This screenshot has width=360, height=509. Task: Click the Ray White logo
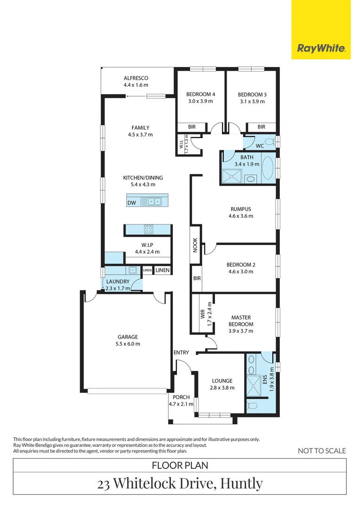tap(321, 48)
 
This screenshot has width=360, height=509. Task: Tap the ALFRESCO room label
tap(136, 78)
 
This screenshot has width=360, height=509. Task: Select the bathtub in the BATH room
tap(267, 168)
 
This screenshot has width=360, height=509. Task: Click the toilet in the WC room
tap(269, 141)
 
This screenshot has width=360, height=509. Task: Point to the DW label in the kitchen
tap(131, 203)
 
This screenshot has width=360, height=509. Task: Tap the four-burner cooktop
tap(148, 230)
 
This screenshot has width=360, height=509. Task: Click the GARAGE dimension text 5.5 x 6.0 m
tap(128, 344)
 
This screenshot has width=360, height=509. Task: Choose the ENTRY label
tap(181, 353)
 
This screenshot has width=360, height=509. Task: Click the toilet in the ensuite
tap(252, 405)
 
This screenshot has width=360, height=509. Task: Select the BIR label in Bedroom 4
tap(192, 127)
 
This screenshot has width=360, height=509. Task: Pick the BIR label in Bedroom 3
tap(261, 127)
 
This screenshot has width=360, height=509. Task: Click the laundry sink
tap(133, 271)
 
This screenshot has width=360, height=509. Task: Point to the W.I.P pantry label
tap(147, 245)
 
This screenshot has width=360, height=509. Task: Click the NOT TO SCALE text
tap(322, 451)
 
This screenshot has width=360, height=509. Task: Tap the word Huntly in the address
tap(241, 484)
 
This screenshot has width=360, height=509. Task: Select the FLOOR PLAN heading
tap(180, 465)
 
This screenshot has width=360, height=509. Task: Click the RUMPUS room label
tap(241, 209)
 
